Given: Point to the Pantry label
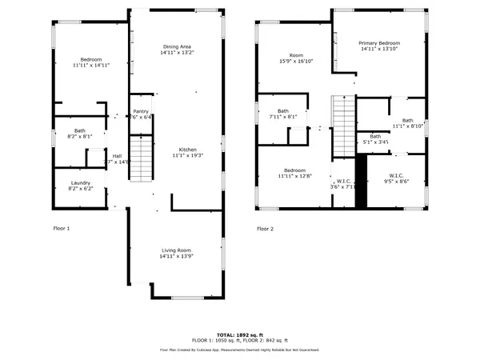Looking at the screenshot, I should (x=141, y=111).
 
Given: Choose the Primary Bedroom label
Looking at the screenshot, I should (x=378, y=43).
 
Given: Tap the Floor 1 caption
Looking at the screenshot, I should (x=61, y=229).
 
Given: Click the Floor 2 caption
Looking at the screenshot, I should (x=265, y=229).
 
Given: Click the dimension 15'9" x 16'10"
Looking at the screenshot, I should (x=295, y=62).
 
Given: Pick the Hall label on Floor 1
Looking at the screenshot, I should (x=117, y=156).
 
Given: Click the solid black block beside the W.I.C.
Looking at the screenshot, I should (x=360, y=181).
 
